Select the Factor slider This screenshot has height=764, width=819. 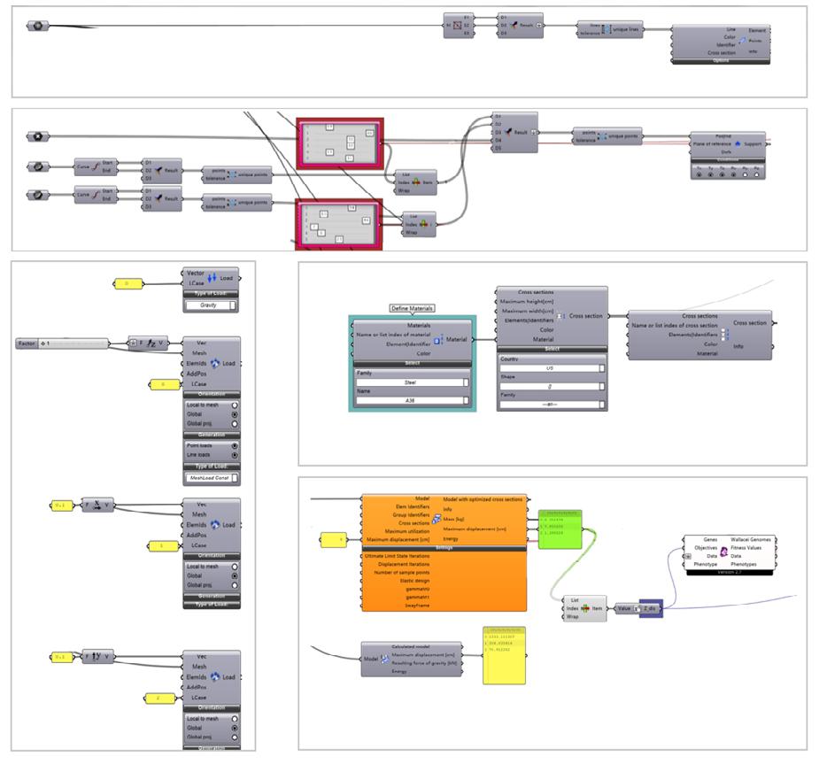pyautogui.click(x=62, y=343)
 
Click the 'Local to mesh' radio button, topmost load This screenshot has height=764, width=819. pyautogui.click(x=234, y=402)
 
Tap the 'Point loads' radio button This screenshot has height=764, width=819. pyautogui.click(x=234, y=445)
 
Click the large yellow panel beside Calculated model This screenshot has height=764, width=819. pyautogui.click(x=504, y=655)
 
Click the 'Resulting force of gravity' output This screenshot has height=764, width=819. pyautogui.click(x=421, y=662)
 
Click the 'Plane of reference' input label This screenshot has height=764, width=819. pyautogui.click(x=717, y=143)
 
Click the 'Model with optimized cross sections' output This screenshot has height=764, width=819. pyautogui.click(x=483, y=500)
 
